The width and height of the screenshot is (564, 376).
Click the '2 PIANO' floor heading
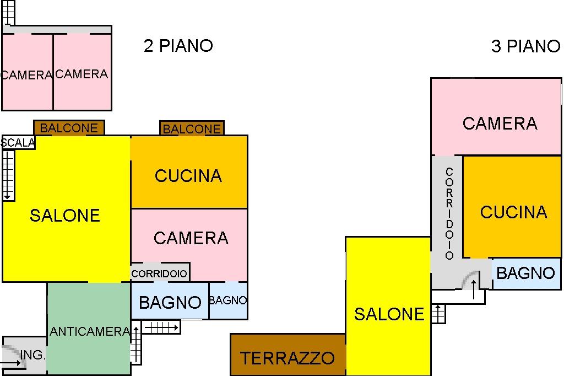[x=178, y=46]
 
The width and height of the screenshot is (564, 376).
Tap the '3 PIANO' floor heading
[x=525, y=47]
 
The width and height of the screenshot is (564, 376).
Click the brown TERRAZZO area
[x=288, y=358]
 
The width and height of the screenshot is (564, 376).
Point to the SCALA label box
[x=18, y=143]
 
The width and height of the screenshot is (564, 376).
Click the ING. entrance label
[x=32, y=356]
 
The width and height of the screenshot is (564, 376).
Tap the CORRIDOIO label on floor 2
[x=160, y=273]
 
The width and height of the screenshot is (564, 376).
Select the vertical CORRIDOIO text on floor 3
[x=449, y=214]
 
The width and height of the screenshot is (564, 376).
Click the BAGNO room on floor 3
[x=525, y=273]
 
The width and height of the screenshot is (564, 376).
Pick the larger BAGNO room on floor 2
[x=170, y=302]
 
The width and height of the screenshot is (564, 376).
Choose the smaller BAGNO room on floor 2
[x=228, y=301]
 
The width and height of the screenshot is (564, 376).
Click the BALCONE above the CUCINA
[x=192, y=129]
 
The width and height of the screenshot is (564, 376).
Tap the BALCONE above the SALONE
[x=69, y=128]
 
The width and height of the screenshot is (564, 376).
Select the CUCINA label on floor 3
[x=513, y=212]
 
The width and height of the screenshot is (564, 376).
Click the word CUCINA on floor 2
[x=188, y=176]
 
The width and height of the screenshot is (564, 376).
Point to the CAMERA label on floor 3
[x=500, y=123]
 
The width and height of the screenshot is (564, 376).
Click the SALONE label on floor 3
[x=389, y=314]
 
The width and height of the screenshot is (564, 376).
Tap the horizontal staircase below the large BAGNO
[x=161, y=327]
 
